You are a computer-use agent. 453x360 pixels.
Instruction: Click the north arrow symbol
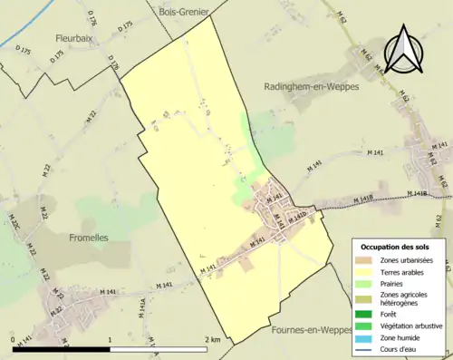[401, 47]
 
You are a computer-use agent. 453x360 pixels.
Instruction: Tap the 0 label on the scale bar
[14, 339]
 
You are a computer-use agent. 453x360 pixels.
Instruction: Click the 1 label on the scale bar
[110, 339]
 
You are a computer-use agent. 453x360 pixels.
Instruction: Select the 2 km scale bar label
[214, 339]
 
